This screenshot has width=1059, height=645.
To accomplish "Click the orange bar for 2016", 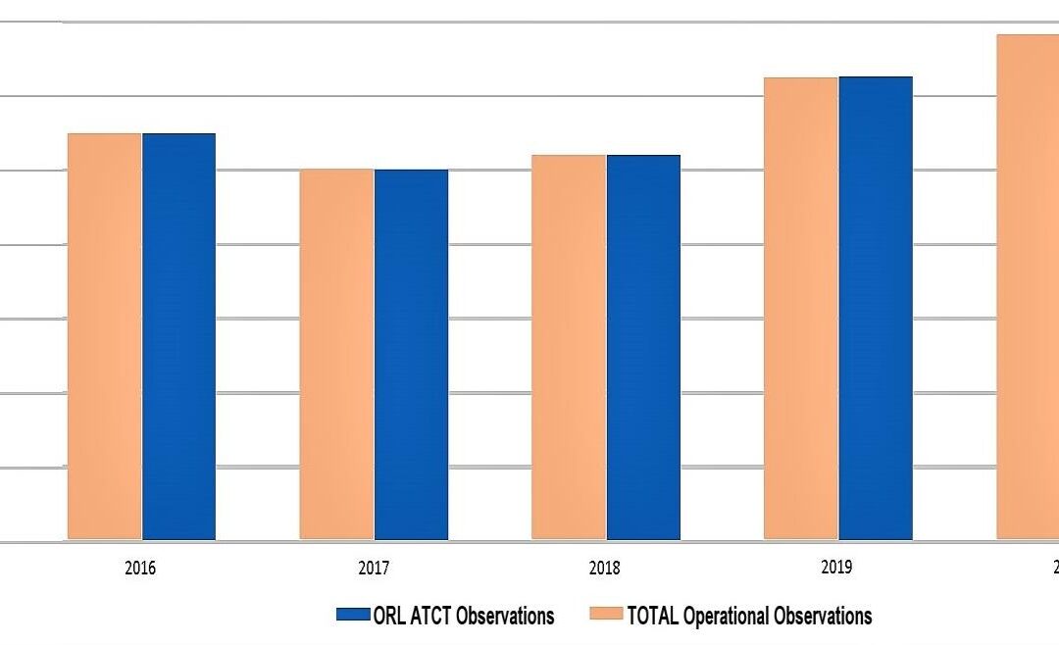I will (104, 336).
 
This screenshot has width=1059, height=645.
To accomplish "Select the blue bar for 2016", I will (178, 336).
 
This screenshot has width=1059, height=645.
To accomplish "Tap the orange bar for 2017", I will (336, 354).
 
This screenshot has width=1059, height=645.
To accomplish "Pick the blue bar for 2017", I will (411, 354).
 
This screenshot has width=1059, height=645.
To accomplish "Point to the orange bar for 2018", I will (569, 347).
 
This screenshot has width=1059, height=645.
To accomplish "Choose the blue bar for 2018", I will (643, 347).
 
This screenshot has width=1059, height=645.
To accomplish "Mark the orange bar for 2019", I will (800, 308).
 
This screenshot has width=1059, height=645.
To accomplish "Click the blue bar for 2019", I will (876, 308).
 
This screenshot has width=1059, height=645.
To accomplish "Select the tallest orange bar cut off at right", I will (1028, 286).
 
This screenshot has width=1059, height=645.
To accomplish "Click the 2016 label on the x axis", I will (141, 568).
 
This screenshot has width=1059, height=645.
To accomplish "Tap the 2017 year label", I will (374, 568).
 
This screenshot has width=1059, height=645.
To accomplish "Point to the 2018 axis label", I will (605, 568).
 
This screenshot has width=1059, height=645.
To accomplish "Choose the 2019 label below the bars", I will (837, 568).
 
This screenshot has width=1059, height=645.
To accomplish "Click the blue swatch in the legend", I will (352, 616).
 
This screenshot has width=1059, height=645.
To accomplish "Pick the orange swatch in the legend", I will (606, 616).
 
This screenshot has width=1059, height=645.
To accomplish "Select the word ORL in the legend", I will (388, 616).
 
